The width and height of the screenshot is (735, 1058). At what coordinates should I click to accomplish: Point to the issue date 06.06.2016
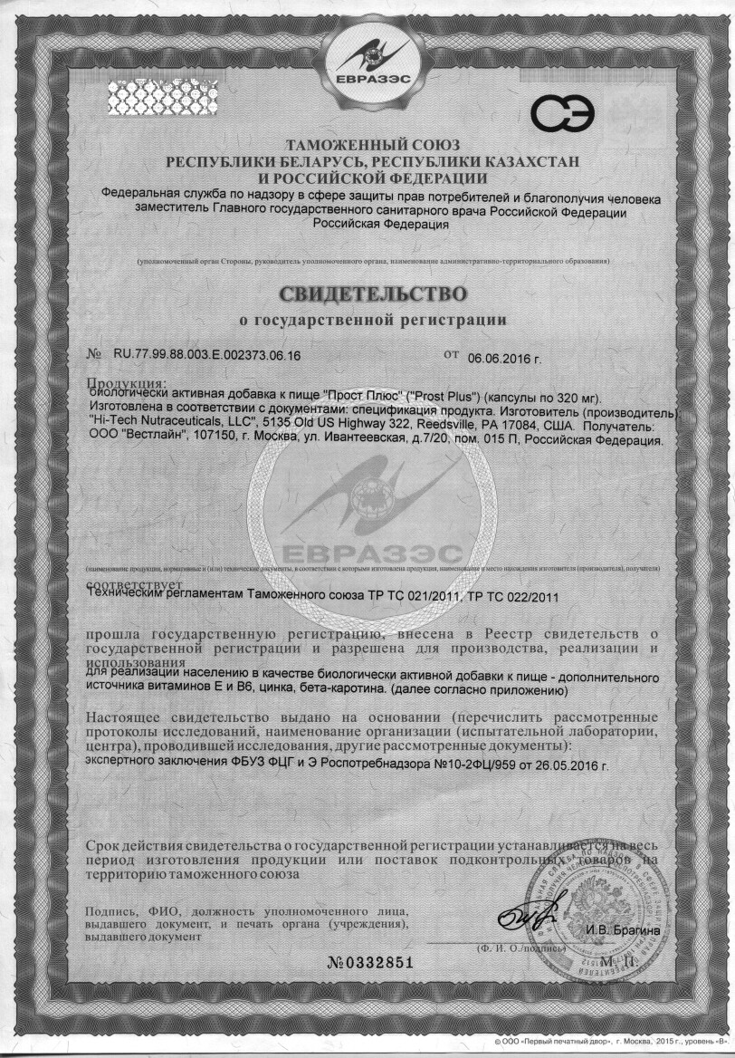[x=504, y=357]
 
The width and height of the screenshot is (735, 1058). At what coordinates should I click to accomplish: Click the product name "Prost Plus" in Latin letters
[x=439, y=397]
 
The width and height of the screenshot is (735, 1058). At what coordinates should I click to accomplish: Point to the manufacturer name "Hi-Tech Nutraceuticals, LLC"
[x=176, y=425]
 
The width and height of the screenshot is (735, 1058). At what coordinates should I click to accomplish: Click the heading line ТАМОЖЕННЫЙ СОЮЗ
[x=373, y=145]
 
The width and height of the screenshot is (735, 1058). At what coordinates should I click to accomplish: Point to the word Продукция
[x=126, y=383]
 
